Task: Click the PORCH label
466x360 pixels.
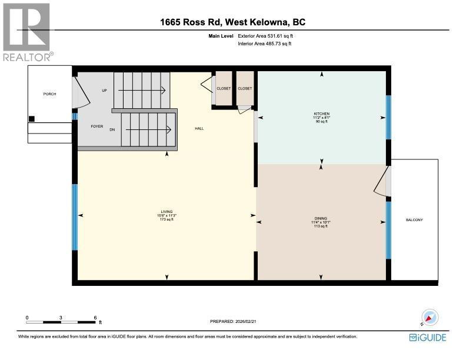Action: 49,94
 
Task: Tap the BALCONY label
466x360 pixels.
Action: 414,220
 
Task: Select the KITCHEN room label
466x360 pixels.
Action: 322,114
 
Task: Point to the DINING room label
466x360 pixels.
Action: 321,218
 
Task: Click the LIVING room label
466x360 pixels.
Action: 167,212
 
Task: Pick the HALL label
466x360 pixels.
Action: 199,129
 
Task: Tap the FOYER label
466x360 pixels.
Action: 97,126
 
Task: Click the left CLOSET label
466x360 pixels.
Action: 224,88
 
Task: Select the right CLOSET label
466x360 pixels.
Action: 245,88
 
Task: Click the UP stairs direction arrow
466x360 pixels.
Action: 142,90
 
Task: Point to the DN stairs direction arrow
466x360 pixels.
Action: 148,129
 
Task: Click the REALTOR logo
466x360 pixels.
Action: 28,32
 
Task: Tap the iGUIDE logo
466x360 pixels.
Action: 428,338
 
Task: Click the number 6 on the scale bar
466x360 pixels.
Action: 95,318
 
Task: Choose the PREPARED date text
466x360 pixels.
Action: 232,321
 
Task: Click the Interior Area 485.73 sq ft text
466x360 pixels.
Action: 265,44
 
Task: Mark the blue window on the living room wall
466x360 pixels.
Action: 75,217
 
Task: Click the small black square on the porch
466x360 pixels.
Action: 32,119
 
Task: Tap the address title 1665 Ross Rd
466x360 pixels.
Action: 191,22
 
